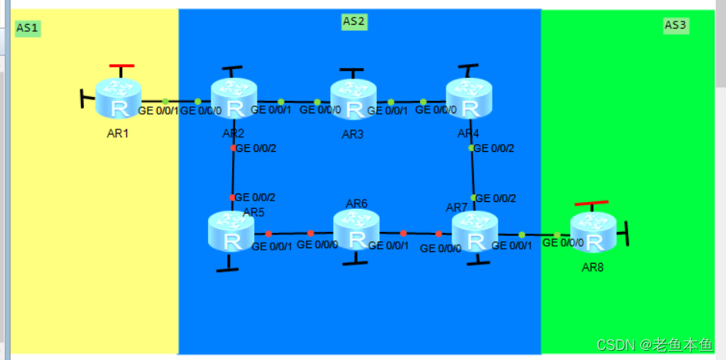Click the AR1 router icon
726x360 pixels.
119,99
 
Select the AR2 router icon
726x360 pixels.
233,99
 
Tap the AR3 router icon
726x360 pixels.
353,99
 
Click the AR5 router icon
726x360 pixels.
230,230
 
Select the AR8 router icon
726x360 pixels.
593,232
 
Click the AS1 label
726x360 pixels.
28,29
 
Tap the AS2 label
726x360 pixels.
353,21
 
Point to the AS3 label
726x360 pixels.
676,25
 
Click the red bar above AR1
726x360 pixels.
122,66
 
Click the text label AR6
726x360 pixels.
357,204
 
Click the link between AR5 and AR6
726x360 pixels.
290,233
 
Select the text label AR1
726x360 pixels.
119,133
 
